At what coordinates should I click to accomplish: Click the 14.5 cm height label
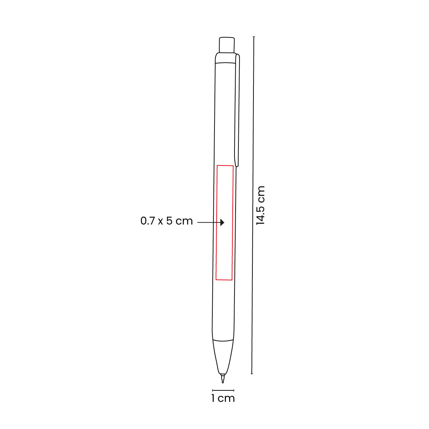261,205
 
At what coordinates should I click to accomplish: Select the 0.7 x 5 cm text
167,221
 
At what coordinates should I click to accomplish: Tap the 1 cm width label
223,398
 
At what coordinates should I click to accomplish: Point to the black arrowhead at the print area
222,223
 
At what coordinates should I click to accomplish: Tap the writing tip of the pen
223,379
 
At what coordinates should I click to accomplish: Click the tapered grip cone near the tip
223,357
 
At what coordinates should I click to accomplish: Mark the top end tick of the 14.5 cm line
254,36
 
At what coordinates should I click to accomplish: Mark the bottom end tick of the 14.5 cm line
252,374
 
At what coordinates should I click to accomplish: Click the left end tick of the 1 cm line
213,390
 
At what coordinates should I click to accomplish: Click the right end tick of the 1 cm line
234,390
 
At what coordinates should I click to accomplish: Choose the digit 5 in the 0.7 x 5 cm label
169,221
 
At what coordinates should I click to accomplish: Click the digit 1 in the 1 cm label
213,398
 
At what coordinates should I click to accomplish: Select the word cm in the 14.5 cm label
261,194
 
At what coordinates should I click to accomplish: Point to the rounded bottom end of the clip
237,165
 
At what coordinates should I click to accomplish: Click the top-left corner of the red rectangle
217,166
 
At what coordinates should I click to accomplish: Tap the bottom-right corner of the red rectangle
232,280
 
